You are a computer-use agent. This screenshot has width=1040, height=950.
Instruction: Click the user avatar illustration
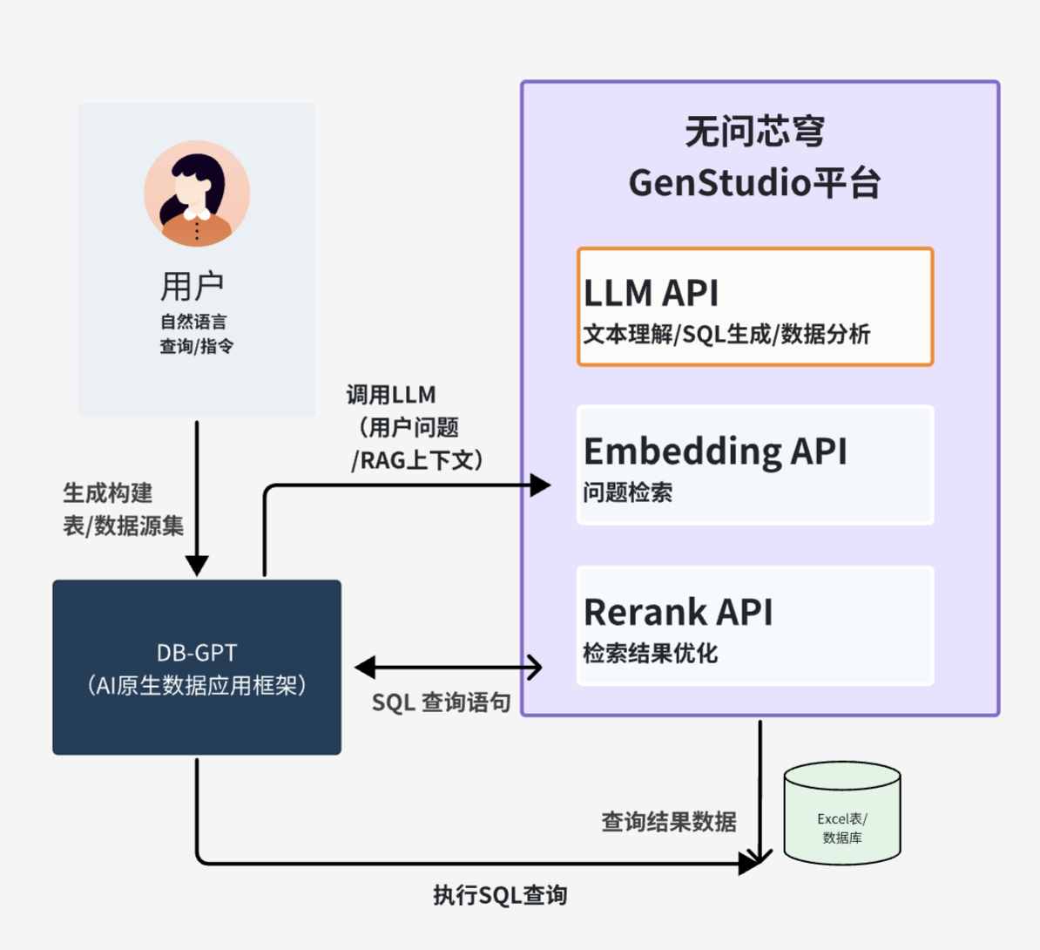pyautogui.click(x=197, y=193)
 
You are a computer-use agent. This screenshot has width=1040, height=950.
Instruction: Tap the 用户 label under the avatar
pyautogui.click(x=192, y=286)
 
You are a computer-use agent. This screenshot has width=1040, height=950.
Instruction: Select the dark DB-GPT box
pyautogui.click(x=197, y=668)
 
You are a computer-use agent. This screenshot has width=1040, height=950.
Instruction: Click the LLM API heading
pyautogui.click(x=651, y=294)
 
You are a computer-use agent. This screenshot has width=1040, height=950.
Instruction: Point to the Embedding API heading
pyautogui.click(x=715, y=451)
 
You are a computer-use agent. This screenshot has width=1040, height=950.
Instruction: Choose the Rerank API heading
pyautogui.click(x=678, y=612)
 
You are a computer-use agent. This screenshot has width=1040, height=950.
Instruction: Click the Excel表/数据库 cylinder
pyautogui.click(x=842, y=815)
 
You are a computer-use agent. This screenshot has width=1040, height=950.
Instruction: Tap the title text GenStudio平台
pyautogui.click(x=754, y=183)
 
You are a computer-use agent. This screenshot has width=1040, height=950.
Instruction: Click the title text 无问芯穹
pyautogui.click(x=754, y=132)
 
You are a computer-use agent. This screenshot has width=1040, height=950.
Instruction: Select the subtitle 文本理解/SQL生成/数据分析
pyautogui.click(x=726, y=335)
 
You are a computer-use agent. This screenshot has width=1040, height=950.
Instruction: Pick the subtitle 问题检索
pyautogui.click(x=627, y=492)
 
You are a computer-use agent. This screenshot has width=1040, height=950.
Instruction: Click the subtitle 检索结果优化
pyautogui.click(x=650, y=653)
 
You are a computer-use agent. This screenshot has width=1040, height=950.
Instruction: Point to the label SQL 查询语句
pyautogui.click(x=441, y=702)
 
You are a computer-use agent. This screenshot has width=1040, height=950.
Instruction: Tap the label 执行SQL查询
pyautogui.click(x=500, y=895)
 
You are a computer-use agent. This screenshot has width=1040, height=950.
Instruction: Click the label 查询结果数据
pyautogui.click(x=669, y=822)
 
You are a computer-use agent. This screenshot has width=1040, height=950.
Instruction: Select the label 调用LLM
pyautogui.click(x=391, y=395)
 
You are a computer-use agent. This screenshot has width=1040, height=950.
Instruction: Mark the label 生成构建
pyautogui.click(x=108, y=493)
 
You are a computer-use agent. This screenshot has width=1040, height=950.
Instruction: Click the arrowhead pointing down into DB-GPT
pyautogui.click(x=197, y=565)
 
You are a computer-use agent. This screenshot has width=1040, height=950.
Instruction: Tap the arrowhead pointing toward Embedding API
pyautogui.click(x=540, y=485)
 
